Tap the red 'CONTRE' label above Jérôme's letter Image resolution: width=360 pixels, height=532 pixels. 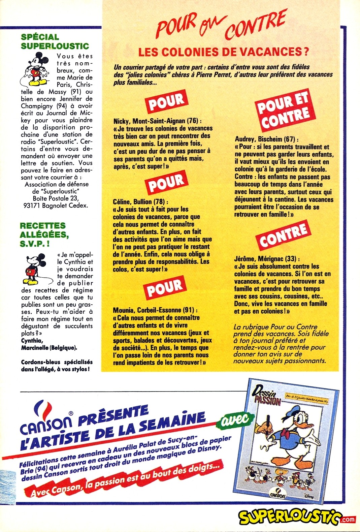[x=284, y=235]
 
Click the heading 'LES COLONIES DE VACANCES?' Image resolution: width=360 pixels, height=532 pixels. [x=224, y=52]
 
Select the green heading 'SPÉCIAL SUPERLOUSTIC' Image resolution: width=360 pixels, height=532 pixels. [x=55, y=42]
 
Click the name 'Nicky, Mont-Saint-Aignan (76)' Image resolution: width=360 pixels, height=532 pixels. [x=158, y=121]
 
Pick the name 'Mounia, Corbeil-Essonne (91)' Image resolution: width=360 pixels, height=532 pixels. [x=155, y=310]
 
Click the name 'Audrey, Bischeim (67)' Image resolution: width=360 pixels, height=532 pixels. [x=266, y=139]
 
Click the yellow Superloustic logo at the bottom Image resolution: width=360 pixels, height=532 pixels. [x=289, y=517]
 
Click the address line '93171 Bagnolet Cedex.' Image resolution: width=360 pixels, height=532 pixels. [x=56, y=205]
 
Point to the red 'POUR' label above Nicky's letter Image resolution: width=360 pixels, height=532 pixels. [x=167, y=101]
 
